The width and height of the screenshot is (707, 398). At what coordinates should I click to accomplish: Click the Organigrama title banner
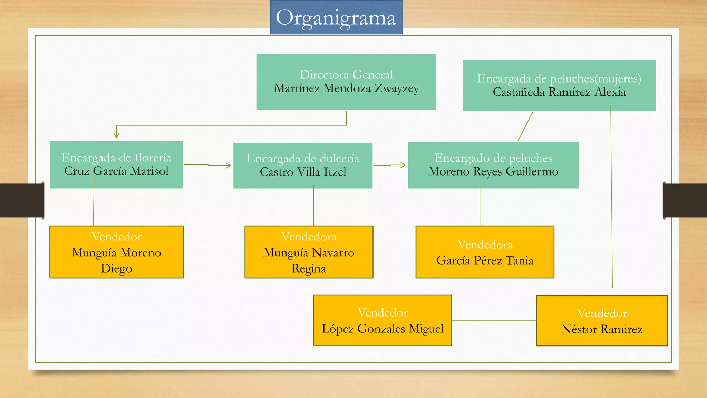(336, 17)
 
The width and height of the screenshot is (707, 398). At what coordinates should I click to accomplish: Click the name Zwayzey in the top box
(397, 89)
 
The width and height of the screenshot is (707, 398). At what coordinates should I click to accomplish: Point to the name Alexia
(610, 92)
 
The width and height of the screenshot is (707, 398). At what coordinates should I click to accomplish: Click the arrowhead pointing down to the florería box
(116, 135)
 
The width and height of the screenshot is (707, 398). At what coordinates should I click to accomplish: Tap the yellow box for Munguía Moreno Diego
(116, 252)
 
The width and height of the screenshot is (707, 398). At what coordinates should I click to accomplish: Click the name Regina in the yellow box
(309, 269)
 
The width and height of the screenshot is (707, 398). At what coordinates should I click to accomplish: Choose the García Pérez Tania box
(485, 252)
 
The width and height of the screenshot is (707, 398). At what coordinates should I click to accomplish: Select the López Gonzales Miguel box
(382, 320)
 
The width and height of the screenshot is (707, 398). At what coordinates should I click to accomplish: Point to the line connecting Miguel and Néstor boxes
(494, 320)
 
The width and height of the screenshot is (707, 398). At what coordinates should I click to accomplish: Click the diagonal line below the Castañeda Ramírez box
(525, 126)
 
